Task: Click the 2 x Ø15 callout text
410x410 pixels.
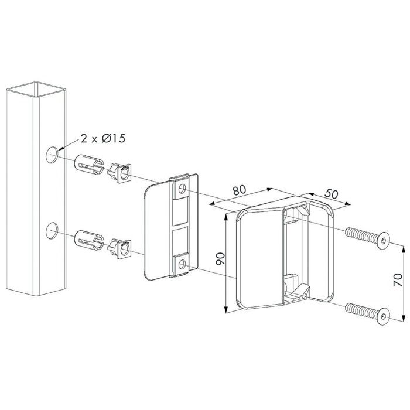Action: tap(103, 138)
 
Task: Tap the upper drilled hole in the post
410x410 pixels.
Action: tap(52, 155)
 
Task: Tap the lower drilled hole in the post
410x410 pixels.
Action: tap(52, 231)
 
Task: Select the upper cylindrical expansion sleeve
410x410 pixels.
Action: tap(89, 165)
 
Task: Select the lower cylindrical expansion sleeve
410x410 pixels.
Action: tap(89, 240)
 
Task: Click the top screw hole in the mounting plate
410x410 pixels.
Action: tap(182, 189)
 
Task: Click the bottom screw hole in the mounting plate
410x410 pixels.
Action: tap(182, 264)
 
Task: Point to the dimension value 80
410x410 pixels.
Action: tap(240, 190)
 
